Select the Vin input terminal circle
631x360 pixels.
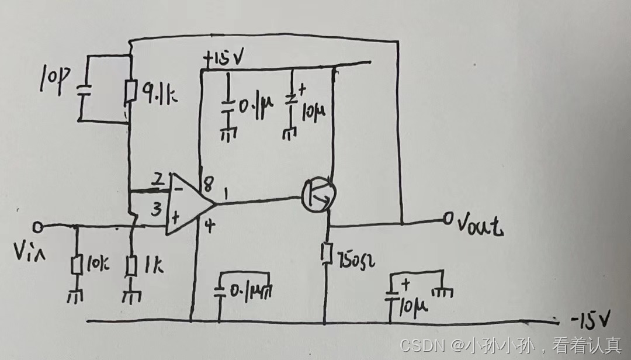click(38, 226)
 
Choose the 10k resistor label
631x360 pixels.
click(96, 266)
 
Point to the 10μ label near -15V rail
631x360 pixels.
click(415, 304)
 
